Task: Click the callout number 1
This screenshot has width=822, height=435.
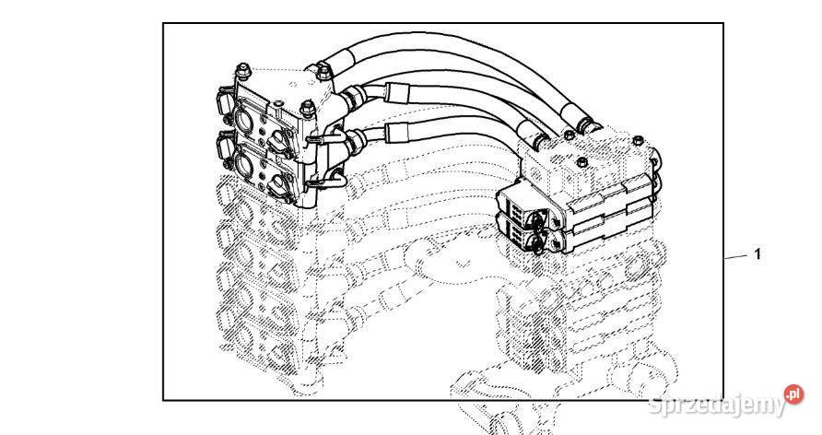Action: click(757, 254)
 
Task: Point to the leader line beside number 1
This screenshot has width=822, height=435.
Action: click(736, 257)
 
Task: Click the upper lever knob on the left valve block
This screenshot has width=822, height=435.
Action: click(278, 136)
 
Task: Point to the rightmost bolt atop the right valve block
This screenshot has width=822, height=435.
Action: click(637, 139)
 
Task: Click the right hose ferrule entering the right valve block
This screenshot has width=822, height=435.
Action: click(586, 123)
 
